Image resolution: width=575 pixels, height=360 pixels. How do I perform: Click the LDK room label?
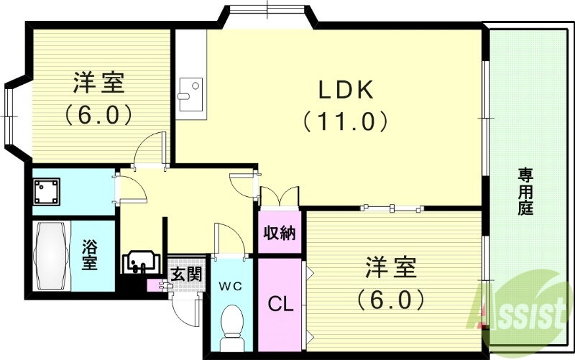click(346, 90)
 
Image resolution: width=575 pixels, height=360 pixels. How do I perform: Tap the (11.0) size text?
click(345, 121)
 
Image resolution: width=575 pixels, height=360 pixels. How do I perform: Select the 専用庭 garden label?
click(525, 191)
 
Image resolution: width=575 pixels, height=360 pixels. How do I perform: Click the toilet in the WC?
click(231, 328)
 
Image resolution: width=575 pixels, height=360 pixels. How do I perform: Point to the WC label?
click(231, 286)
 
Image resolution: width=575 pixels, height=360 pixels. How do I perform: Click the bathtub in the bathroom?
click(51, 256)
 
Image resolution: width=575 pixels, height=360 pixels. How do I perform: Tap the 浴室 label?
click(89, 255)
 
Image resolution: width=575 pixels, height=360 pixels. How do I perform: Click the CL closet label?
click(280, 304)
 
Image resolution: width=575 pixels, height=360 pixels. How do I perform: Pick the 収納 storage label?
click(280, 232)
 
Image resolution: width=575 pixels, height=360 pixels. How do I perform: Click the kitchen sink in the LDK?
click(190, 94)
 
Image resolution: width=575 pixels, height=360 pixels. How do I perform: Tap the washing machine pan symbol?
click(47, 191)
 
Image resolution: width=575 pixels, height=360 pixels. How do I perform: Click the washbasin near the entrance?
click(141, 262)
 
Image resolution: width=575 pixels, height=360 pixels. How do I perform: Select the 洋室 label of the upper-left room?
click(99, 83)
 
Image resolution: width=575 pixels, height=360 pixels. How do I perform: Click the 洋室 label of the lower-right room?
click(390, 267)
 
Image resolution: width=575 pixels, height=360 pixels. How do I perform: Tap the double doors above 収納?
click(280, 198)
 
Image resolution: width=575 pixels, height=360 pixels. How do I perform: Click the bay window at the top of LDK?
click(267, 17)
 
